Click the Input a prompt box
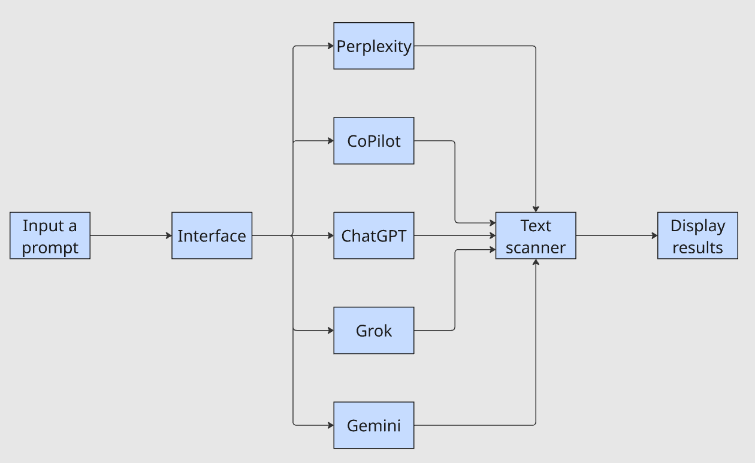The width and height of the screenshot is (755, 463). click(x=50, y=235)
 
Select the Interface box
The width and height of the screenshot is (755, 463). click(x=212, y=235)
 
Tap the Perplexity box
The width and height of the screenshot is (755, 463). click(x=373, y=46)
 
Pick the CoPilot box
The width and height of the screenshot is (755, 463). click(x=373, y=141)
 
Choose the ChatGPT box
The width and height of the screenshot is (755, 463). click(x=373, y=235)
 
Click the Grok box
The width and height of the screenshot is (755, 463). click(x=373, y=330)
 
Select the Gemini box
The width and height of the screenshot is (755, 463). click(x=373, y=425)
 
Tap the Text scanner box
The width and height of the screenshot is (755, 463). click(x=535, y=235)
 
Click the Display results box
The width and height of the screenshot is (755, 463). click(x=697, y=235)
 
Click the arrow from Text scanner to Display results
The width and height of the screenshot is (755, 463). click(x=617, y=235)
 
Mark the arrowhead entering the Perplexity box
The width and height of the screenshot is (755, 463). click(x=330, y=46)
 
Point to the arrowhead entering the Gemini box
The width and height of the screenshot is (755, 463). click(x=330, y=425)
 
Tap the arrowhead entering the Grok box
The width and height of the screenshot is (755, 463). click(x=330, y=330)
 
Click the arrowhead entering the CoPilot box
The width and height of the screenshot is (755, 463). click(x=330, y=141)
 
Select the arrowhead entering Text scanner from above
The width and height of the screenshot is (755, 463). click(x=535, y=208)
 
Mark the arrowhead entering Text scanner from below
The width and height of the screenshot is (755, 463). click(x=535, y=262)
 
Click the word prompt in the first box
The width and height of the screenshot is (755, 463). click(x=50, y=247)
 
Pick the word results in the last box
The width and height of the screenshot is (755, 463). click(x=697, y=247)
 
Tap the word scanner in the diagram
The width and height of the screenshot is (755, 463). click(x=535, y=247)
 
